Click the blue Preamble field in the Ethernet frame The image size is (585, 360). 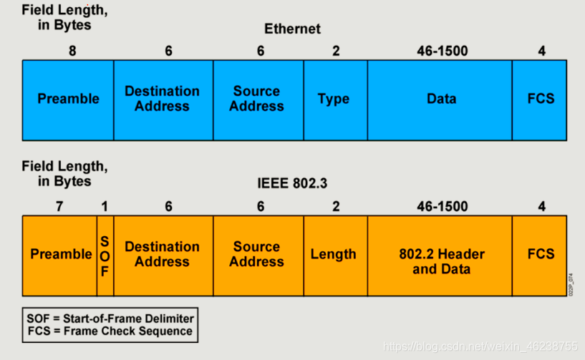coord(68,99)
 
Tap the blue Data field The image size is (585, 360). coord(440,99)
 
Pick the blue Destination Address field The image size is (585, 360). coord(163,99)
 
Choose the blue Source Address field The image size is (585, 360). coord(258,99)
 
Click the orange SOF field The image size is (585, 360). coord(105,255)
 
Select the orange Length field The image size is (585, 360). coord(334,255)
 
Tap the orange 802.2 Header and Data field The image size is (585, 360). coord(440,262)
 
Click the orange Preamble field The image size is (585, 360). coord(60,255)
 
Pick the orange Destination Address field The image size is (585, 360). coord(163,255)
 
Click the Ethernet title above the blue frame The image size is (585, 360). coord(292,29)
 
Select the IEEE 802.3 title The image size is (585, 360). coord(292,183)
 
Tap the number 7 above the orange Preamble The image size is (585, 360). coord(59,207)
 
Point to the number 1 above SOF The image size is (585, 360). coord(105,207)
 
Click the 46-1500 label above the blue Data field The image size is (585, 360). coord(442,52)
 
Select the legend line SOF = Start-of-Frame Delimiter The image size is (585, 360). coord(110,318)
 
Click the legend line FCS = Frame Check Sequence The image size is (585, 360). coord(110,331)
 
